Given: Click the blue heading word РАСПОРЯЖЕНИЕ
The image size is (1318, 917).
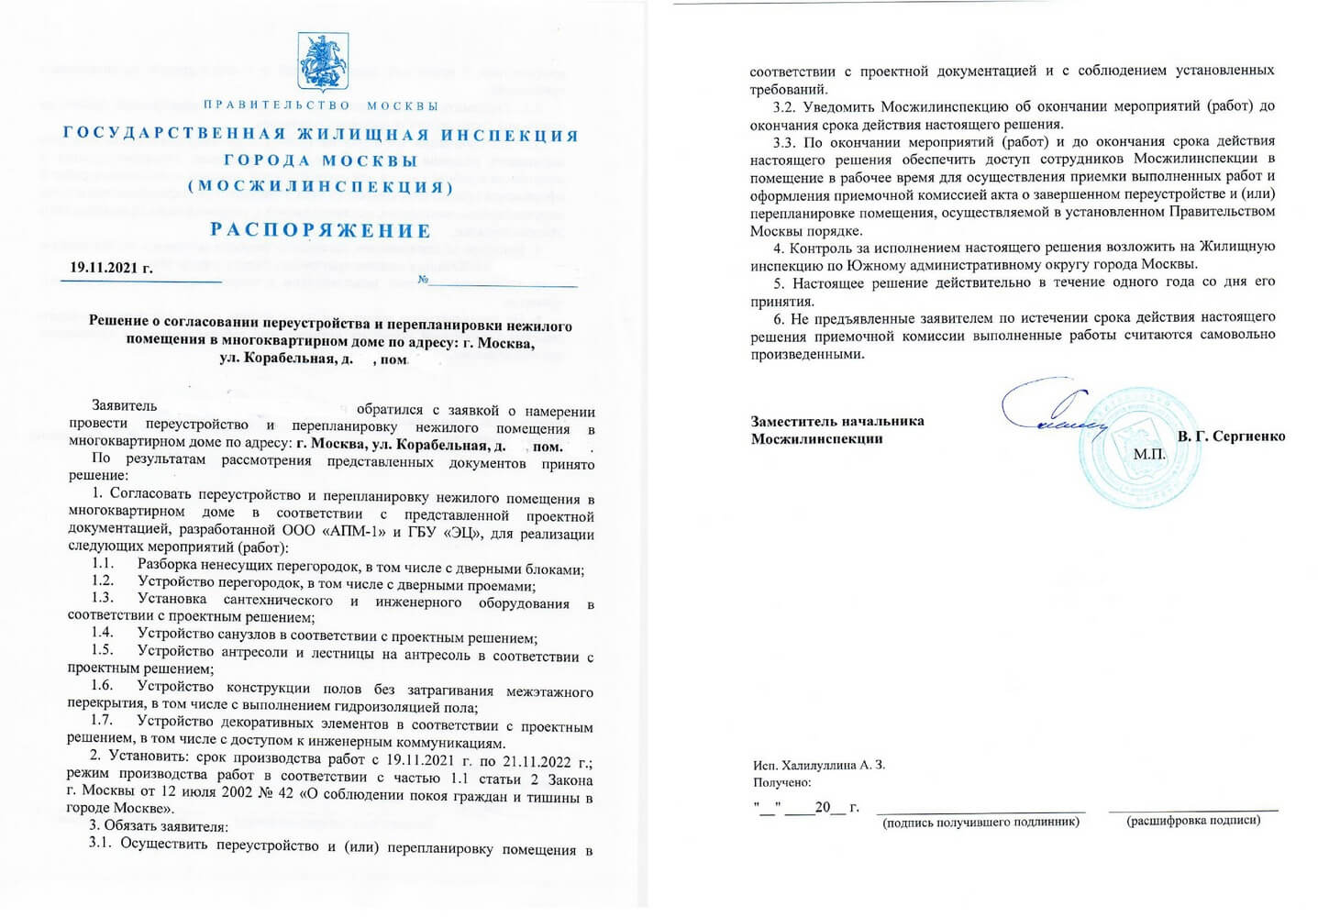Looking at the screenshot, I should click(320, 230).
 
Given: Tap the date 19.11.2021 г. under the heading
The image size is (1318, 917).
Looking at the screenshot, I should click(111, 269).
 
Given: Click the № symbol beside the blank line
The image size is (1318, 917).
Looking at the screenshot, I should click(423, 280).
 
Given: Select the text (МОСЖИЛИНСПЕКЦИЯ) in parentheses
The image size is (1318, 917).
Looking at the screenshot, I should click(320, 186).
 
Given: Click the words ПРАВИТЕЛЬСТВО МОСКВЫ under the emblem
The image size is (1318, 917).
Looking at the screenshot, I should click(320, 106).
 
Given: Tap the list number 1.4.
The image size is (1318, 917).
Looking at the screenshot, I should click(102, 633).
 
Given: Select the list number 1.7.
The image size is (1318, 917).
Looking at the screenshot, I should click(102, 721).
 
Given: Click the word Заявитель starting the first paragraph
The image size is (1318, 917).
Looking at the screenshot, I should click(124, 405).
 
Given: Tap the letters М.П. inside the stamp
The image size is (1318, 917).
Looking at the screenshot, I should click(1149, 454).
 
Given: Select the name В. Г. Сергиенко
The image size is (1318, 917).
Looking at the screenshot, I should click(1231, 436).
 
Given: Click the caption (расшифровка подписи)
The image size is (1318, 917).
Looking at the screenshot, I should click(1192, 820).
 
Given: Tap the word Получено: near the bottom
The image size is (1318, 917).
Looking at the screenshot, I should click(781, 783).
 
